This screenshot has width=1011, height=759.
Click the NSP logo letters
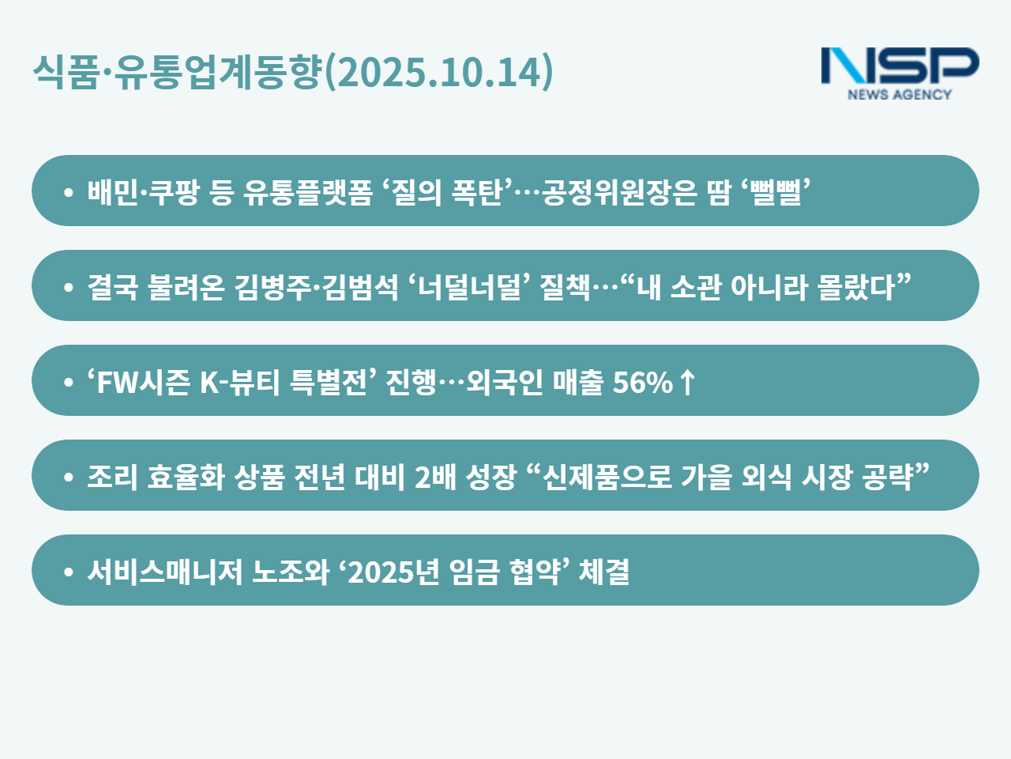900,66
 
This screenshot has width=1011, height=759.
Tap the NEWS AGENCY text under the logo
900,94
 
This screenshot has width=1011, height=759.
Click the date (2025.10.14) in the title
438,72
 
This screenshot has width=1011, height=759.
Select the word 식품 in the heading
66,72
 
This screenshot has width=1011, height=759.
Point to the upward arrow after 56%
687,382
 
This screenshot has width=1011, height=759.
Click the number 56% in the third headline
642,383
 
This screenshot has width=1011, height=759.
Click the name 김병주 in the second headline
273,287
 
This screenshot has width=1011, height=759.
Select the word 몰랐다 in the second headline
856,287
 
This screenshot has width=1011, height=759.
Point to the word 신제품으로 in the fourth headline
607,477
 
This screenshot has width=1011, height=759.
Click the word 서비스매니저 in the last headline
165,572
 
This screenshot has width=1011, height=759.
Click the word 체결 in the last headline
604,572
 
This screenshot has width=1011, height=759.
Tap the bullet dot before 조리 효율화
69,478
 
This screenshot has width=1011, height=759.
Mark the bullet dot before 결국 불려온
69,288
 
